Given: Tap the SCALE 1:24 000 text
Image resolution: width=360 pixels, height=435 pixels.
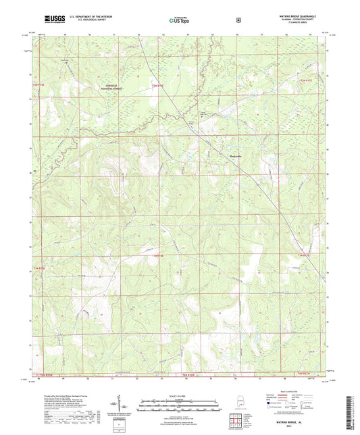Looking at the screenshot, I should click(180, 396).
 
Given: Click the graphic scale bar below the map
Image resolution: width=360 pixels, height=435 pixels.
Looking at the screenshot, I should click(180, 405).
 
